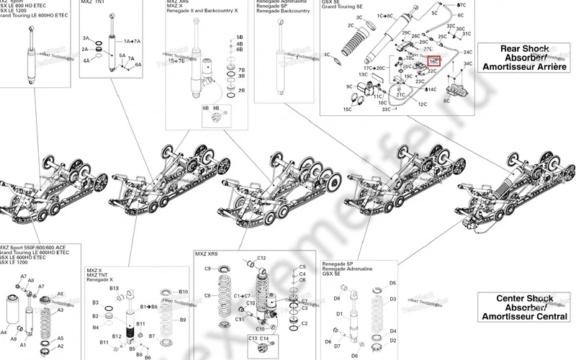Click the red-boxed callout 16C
(434, 63)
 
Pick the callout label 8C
(447, 102)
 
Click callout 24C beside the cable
(467, 53)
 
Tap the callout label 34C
(467, 64)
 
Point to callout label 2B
(242, 90)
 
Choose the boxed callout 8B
(205, 108)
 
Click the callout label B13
(114, 288)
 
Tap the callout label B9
(183, 320)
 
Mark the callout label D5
(393, 284)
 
